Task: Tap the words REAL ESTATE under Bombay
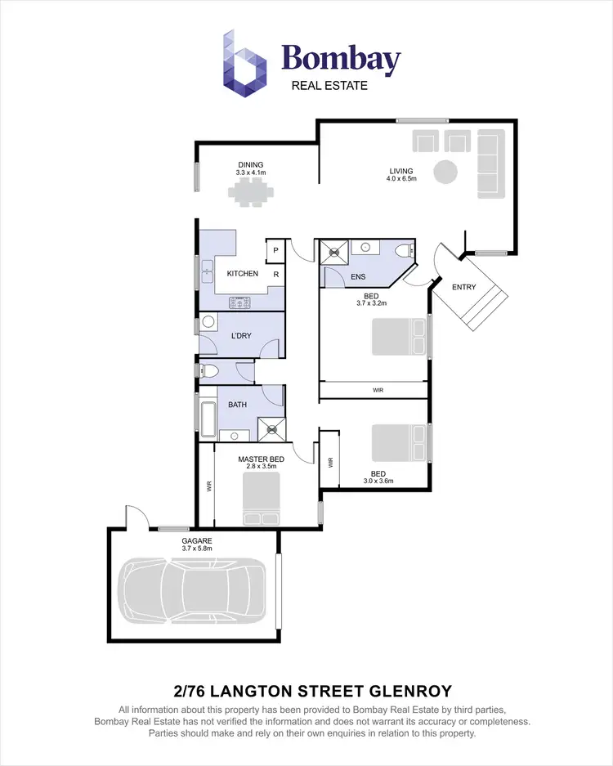(x=329, y=85)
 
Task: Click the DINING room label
(x=251, y=164)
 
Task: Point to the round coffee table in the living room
(x=445, y=172)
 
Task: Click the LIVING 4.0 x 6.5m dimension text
(x=402, y=178)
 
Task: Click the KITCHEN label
(x=242, y=274)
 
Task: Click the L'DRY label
(x=240, y=336)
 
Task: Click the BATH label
(x=237, y=405)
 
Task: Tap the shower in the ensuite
(x=332, y=252)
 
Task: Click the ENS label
(x=358, y=277)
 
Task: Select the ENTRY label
(x=463, y=287)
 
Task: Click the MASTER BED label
(x=261, y=459)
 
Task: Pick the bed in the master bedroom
(x=262, y=501)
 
